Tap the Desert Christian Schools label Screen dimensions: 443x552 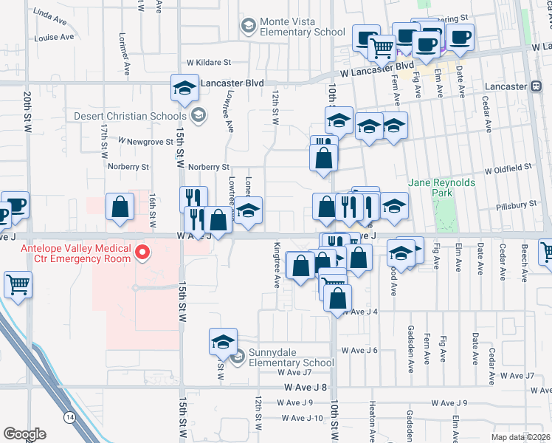tap(130, 116)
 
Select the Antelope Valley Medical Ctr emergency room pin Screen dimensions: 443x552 tap(142, 254)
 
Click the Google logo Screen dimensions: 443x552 tap(24, 434)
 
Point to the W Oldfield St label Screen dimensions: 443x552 tap(507, 169)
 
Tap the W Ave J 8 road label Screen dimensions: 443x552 tap(305, 387)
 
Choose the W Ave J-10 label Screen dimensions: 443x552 tap(303, 418)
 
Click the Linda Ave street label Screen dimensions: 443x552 tap(54, 14)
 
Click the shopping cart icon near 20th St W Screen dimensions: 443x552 tap(18, 284)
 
